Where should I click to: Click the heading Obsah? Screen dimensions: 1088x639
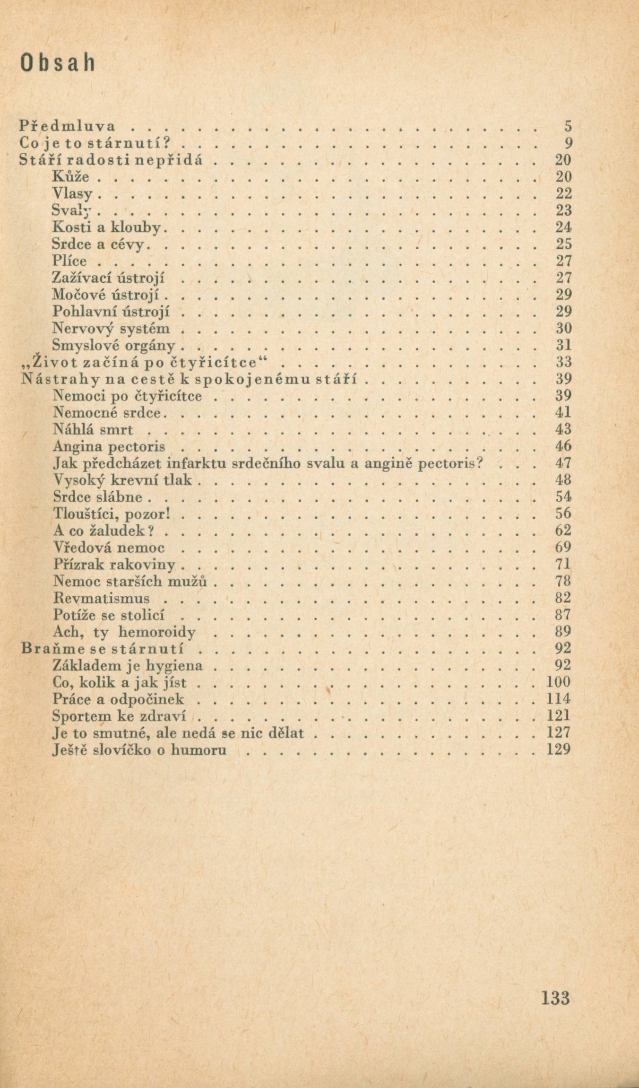click(x=58, y=63)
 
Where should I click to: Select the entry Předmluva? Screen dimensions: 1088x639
click(x=68, y=126)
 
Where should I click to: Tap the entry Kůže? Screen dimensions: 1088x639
click(x=71, y=176)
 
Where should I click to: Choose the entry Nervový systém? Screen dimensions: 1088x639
click(x=111, y=328)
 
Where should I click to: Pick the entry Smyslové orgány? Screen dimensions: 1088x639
click(x=114, y=345)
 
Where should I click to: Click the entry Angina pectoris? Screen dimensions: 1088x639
click(x=109, y=446)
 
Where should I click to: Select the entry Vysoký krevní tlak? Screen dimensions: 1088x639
click(x=122, y=480)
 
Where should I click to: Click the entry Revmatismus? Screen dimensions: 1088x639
click(x=102, y=598)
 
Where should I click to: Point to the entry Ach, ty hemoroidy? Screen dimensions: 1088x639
click(x=124, y=632)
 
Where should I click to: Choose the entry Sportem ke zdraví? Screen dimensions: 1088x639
click(x=120, y=716)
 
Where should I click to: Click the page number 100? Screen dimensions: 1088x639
click(x=558, y=682)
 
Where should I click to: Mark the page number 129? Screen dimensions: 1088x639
click(x=558, y=749)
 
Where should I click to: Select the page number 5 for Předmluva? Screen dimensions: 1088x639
click(x=568, y=126)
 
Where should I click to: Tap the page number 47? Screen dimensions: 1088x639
click(x=563, y=463)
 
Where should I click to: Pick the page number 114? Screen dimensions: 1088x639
click(x=558, y=699)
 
